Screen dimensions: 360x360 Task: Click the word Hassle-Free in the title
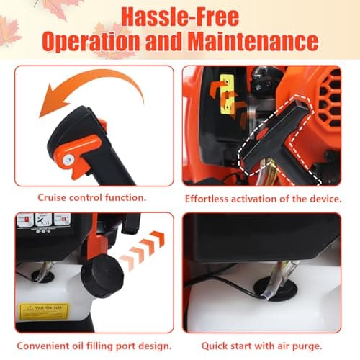click(179, 17)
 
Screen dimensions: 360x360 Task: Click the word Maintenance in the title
click(255, 41)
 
